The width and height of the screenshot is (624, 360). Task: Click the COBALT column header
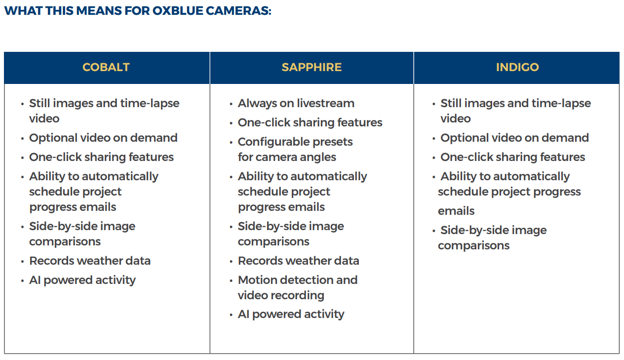click(106, 67)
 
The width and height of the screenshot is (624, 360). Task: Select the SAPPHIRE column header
click(312, 67)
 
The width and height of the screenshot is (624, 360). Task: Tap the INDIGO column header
click(517, 67)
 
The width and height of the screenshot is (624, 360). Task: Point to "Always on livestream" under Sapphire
click(296, 103)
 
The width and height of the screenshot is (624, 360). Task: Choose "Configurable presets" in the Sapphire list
click(295, 142)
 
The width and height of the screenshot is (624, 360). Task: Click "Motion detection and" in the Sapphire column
click(297, 280)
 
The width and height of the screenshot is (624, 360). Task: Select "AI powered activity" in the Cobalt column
click(82, 280)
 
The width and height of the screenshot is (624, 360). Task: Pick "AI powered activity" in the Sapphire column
click(291, 314)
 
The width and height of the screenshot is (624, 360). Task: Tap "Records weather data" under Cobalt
click(90, 261)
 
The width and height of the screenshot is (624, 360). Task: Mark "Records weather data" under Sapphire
click(298, 261)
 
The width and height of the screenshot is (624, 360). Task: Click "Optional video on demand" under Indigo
click(514, 138)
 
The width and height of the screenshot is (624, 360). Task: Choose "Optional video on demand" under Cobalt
click(103, 138)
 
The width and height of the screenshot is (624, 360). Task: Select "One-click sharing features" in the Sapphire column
click(310, 122)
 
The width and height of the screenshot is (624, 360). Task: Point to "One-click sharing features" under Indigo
click(512, 157)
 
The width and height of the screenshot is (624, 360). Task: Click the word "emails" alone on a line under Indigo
click(456, 211)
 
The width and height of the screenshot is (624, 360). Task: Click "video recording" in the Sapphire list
click(281, 295)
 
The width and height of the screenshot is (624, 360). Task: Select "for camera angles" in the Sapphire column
click(287, 157)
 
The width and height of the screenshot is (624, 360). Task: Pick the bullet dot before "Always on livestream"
click(231, 104)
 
